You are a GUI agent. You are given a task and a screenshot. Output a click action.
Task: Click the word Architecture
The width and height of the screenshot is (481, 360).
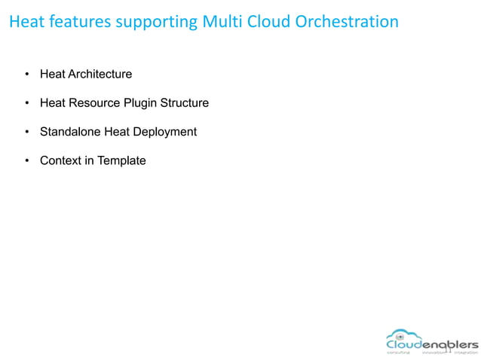[100, 75]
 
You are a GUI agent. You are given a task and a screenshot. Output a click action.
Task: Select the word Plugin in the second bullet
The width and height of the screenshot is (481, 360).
[139, 103]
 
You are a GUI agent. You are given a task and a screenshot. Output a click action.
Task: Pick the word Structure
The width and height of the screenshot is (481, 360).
[183, 103]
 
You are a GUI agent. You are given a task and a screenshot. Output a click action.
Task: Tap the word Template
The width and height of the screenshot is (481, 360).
[121, 160]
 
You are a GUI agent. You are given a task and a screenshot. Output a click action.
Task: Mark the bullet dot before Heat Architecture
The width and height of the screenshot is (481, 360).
[26, 75]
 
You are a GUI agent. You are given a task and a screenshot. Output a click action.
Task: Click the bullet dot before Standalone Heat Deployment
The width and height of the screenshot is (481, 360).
[26, 132]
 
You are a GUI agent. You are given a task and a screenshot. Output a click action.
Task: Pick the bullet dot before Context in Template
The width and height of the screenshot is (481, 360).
[26, 160]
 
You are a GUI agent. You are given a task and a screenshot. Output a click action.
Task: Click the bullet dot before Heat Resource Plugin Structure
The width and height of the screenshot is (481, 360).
[26, 103]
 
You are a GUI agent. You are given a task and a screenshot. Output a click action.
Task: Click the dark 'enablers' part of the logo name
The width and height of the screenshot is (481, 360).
[450, 344]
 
